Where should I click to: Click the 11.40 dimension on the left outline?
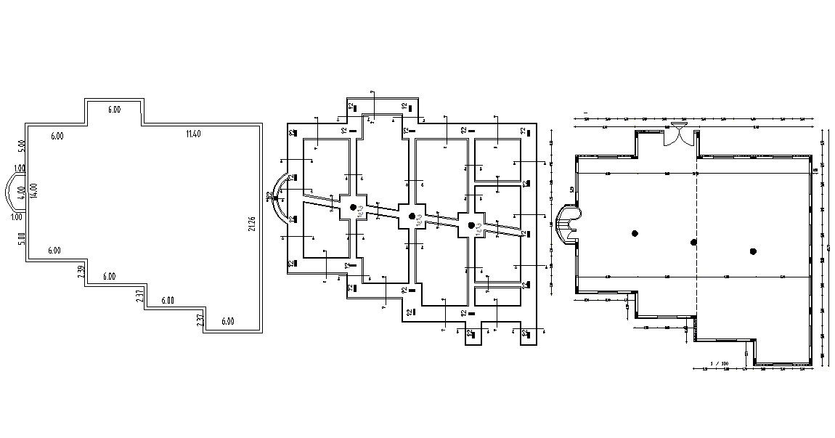(192, 133)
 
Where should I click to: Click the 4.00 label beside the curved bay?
(22, 192)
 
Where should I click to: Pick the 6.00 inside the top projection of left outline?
(114, 110)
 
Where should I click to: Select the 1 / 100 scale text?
(720, 362)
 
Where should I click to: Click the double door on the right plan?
(680, 134)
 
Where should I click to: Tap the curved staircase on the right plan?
(566, 223)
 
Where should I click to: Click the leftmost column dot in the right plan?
(635, 233)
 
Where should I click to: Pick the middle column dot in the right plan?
(693, 242)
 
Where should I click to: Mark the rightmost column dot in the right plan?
(753, 251)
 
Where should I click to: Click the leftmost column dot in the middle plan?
(354, 208)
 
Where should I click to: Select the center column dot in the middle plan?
(412, 216)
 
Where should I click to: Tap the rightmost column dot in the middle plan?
(471, 225)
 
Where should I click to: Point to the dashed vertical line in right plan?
(696, 240)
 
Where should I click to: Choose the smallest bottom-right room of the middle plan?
(498, 296)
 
